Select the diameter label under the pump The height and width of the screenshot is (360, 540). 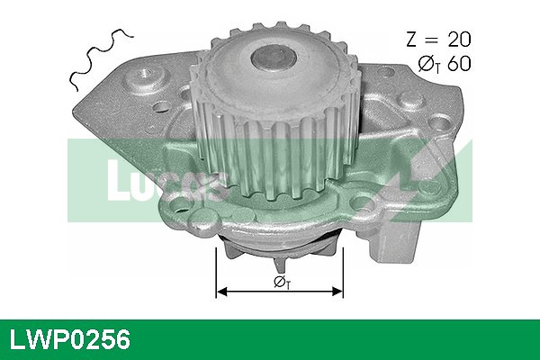tap(282, 283)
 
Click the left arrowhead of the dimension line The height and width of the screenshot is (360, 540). tap(221, 292)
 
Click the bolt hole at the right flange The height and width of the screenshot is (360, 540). tap(362, 193)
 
